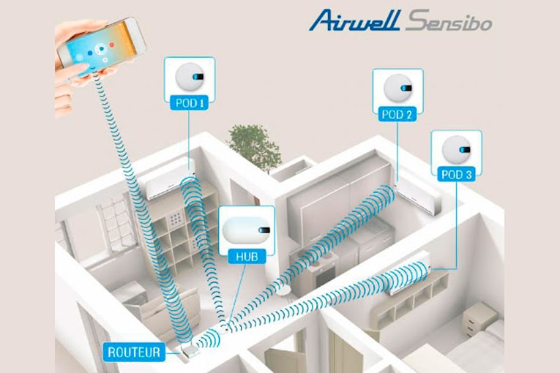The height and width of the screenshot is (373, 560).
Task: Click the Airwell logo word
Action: [x=354, y=20]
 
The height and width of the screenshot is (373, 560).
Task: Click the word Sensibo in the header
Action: [x=449, y=20]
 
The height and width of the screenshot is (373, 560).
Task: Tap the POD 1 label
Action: [x=188, y=103]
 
